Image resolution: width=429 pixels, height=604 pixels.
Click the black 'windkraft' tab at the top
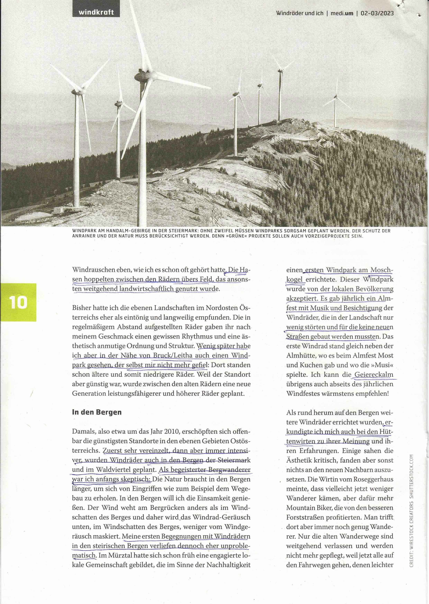[x=96, y=12]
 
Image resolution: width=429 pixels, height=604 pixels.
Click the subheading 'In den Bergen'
[x=97, y=412]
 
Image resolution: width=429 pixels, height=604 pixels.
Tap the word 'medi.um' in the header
[x=342, y=13]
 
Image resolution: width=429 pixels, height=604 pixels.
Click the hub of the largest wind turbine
[x=142, y=76]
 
